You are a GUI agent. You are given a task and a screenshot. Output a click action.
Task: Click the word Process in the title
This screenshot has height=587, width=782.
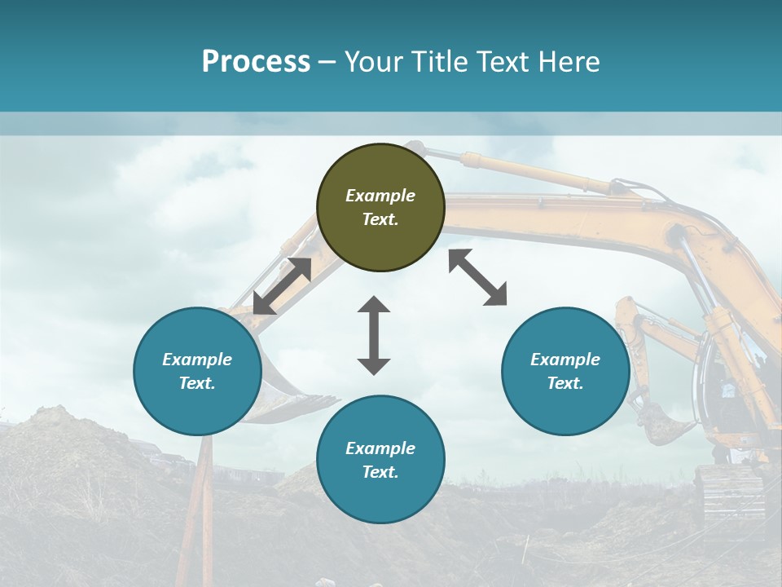coord(256,62)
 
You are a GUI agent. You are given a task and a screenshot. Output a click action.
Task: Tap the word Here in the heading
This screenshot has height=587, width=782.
coord(569,62)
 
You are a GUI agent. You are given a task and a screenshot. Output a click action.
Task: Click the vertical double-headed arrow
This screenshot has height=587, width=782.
coord(374,335)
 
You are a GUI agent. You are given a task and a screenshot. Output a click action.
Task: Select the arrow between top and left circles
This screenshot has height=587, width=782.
coord(282,286)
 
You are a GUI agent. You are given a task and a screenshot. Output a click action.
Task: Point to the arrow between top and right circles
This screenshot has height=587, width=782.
coord(478,277)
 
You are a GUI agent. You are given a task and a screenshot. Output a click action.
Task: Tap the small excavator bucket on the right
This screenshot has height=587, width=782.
coord(664,424)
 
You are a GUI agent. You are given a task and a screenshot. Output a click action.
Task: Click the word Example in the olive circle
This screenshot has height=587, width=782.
coord(380,196)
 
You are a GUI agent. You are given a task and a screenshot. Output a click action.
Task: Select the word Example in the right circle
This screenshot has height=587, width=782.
coord(565,360)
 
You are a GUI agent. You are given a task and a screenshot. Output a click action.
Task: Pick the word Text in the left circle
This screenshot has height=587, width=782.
coord(197,383)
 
